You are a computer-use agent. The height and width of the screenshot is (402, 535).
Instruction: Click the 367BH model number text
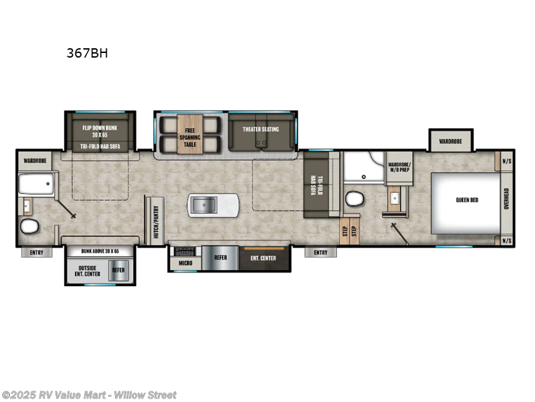pyautogui.click(x=87, y=54)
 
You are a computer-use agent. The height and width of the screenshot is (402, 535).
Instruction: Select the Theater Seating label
pyautogui.click(x=260, y=129)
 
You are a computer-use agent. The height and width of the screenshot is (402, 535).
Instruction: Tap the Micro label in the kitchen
pyautogui.click(x=186, y=263)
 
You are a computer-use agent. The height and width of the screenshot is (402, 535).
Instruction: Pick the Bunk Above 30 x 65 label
pyautogui.click(x=100, y=251)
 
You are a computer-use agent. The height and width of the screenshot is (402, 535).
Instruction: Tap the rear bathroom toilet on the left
pyautogui.click(x=29, y=227)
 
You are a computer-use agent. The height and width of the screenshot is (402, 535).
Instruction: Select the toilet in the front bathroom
pyautogui.click(x=355, y=199)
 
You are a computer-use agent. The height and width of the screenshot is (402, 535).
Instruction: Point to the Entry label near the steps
pyautogui.click(x=320, y=253)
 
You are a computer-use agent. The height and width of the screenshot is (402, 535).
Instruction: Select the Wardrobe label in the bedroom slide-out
pyautogui.click(x=450, y=141)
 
